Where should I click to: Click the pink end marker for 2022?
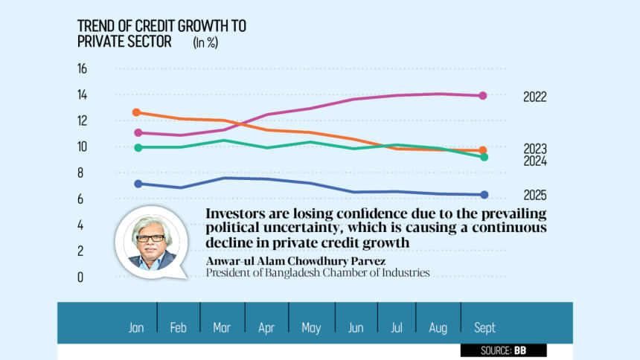(x=483, y=96)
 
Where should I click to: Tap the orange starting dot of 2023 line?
(x=136, y=112)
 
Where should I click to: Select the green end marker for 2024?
(x=483, y=157)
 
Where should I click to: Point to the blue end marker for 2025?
(x=484, y=195)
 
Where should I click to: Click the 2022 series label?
(x=534, y=97)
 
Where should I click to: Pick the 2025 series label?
(x=534, y=195)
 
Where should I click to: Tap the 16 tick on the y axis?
(x=82, y=69)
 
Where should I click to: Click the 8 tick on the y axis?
(x=82, y=173)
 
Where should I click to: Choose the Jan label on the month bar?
(x=136, y=328)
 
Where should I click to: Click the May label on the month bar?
(x=310, y=328)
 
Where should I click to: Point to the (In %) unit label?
(x=205, y=43)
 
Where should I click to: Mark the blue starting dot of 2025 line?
(x=136, y=184)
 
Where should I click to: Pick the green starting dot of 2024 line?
(x=136, y=147)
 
